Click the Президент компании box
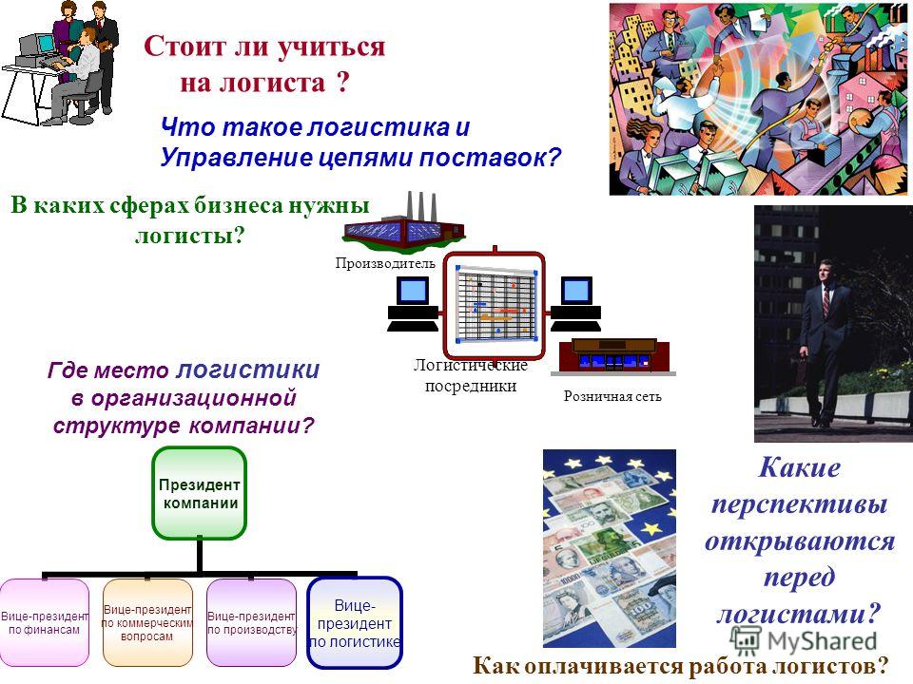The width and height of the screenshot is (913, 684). (199, 493)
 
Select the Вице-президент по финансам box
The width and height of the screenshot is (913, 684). (45, 622)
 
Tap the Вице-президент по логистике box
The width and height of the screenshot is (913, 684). (355, 623)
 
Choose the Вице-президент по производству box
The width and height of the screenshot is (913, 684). (251, 622)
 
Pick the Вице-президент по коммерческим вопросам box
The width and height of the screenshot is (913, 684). (147, 622)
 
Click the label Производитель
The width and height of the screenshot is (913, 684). (385, 263)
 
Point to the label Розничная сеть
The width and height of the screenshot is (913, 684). (612, 397)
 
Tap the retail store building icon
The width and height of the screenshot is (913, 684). (615, 356)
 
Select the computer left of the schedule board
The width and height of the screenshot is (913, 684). (413, 304)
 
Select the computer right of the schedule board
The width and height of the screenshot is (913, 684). (576, 304)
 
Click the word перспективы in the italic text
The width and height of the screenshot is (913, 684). (799, 504)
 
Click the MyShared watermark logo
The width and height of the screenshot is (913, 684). (804, 640)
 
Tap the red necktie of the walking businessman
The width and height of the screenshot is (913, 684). (826, 301)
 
